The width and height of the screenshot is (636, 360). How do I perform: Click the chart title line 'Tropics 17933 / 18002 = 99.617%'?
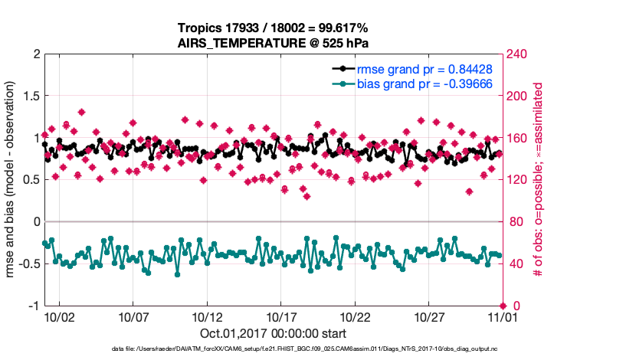273,28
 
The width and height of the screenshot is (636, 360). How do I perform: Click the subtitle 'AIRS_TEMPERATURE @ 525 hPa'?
273,43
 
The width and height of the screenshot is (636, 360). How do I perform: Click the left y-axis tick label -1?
32,306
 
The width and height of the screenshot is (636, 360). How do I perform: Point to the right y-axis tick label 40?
516,264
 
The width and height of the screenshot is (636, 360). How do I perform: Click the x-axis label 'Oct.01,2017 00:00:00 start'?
273,334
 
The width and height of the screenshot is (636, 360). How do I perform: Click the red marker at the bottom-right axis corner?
503,306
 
